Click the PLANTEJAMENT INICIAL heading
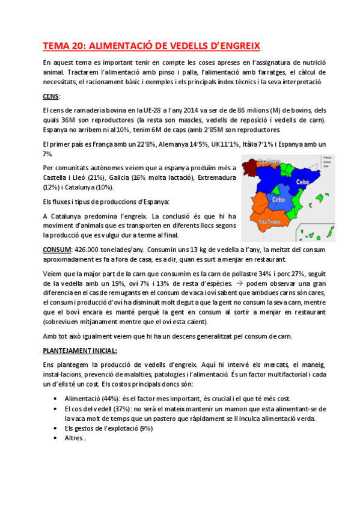[80, 350]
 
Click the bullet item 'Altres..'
[75, 438]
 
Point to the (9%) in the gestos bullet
[147, 428]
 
